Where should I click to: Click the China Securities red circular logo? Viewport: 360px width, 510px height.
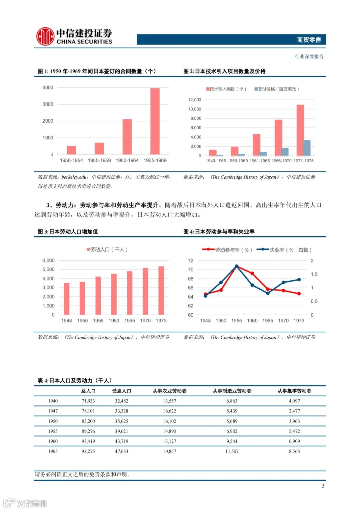pyautogui.click(x=45, y=36)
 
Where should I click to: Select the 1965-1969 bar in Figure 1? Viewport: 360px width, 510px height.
pyautogui.click(x=155, y=121)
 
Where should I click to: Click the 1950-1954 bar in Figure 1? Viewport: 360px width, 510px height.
pyautogui.click(x=71, y=150)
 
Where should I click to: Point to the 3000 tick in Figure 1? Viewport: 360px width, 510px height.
pyautogui.click(x=48, y=104)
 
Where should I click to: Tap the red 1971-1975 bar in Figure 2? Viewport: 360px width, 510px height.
pyautogui.click(x=300, y=130)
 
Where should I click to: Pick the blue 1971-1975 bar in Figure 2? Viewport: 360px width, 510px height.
pyautogui.click(x=307, y=148)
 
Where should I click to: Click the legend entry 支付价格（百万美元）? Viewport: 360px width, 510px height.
pyautogui.click(x=277, y=89)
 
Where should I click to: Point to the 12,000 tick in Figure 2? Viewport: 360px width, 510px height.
pyautogui.click(x=195, y=100)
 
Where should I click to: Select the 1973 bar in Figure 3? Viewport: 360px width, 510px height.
pyautogui.click(x=161, y=290)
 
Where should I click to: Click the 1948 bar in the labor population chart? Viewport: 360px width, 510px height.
pyautogui.click(x=67, y=299)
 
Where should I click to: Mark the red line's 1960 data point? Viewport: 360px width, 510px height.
pyautogui.click(x=252, y=273)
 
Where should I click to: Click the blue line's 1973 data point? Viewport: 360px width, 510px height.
pyautogui.click(x=299, y=280)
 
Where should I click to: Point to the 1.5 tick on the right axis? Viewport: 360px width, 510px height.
pyautogui.click(x=314, y=274)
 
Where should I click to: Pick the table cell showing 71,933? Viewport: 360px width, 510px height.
pyautogui.click(x=88, y=401)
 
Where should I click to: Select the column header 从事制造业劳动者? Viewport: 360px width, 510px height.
pyautogui.click(x=232, y=391)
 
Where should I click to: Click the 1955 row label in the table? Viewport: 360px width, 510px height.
pyautogui.click(x=53, y=431)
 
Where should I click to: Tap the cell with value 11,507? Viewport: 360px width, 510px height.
pyautogui.click(x=232, y=451)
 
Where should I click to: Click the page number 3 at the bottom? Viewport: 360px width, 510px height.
pyautogui.click(x=323, y=486)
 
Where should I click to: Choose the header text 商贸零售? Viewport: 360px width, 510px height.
pyautogui.click(x=309, y=40)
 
